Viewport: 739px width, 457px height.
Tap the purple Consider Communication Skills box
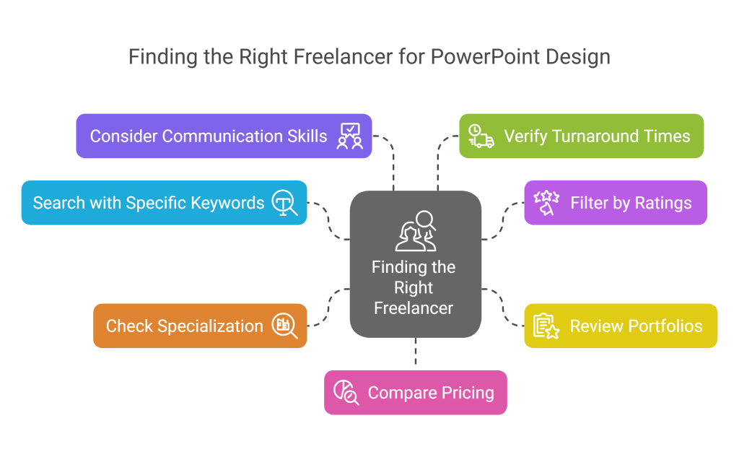click(224, 136)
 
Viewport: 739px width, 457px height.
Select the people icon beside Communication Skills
click(350, 136)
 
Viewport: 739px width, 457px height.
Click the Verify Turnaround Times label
click(597, 136)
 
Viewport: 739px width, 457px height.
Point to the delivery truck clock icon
click(481, 136)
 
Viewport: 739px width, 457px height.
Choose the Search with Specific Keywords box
click(164, 203)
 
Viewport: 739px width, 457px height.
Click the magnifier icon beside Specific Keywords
click(284, 203)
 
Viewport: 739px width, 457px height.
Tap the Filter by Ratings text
click(631, 203)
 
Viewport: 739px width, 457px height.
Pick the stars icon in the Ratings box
click(546, 203)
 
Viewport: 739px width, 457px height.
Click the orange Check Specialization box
click(200, 326)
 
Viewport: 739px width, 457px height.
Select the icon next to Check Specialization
click(284, 326)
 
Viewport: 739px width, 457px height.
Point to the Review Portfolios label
click(636, 326)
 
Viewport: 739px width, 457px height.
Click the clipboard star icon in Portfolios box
click(546, 326)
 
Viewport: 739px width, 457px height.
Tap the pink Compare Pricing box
click(415, 393)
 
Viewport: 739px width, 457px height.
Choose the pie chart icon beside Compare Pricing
click(346, 393)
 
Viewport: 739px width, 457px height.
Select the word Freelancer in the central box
click(414, 308)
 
